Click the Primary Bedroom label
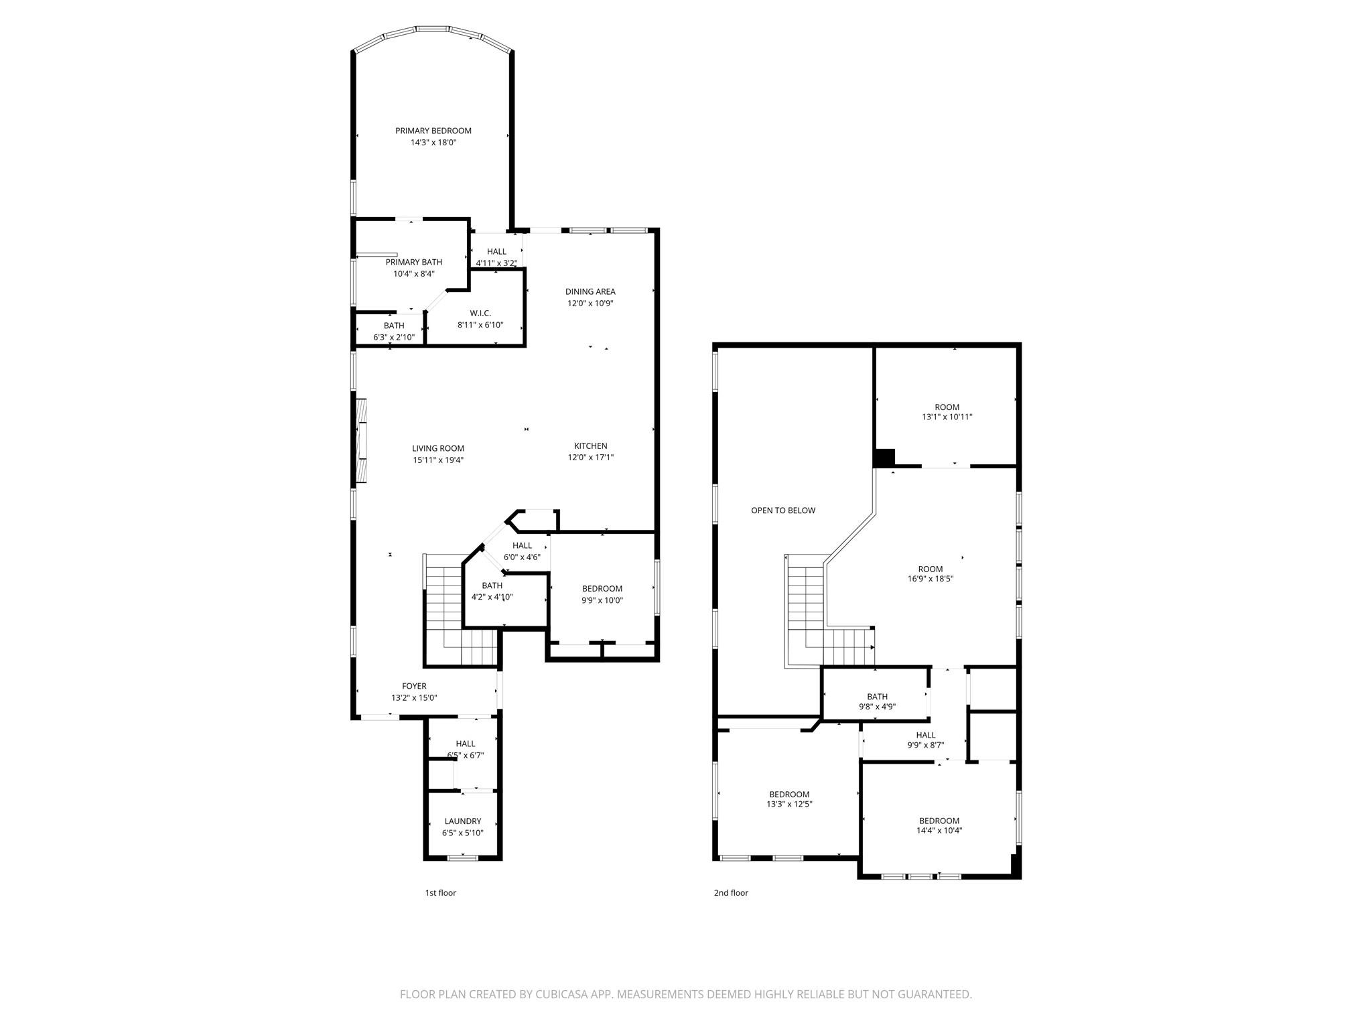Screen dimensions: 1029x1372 click(x=433, y=131)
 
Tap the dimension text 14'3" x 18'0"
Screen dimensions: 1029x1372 click(x=433, y=143)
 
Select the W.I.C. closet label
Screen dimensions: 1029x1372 click(x=480, y=314)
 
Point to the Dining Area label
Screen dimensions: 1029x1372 click(x=590, y=291)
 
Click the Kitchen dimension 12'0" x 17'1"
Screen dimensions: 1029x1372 click(x=590, y=458)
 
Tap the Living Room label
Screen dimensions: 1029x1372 click(x=437, y=448)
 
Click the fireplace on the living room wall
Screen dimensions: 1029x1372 click(x=362, y=439)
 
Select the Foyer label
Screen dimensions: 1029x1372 click(x=413, y=686)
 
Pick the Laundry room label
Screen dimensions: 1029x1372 click(x=462, y=821)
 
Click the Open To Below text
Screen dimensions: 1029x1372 click(x=782, y=510)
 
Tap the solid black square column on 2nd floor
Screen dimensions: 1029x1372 click(x=884, y=458)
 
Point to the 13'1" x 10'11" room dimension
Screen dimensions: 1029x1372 click(x=947, y=417)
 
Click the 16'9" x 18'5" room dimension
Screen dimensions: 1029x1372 click(x=930, y=579)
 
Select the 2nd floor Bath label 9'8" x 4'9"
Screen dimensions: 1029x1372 click(x=876, y=697)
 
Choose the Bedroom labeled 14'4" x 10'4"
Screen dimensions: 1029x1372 click(x=939, y=821)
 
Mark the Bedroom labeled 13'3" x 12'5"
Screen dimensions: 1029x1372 click(x=788, y=795)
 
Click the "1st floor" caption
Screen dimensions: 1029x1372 click(x=440, y=893)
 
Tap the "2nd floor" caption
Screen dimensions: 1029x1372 click(x=730, y=893)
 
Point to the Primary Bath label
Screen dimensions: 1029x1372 click(x=413, y=262)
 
